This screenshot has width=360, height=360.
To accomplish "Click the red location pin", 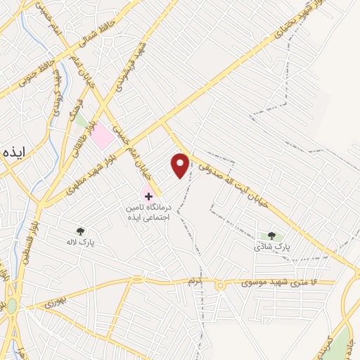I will [181, 166].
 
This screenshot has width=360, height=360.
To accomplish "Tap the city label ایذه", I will [13, 153].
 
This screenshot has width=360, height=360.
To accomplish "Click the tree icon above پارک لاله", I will [81, 230].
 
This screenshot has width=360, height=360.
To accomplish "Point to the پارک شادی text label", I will [272, 247].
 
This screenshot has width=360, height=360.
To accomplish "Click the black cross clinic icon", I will [148, 193].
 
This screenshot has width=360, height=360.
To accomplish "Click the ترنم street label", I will [194, 282].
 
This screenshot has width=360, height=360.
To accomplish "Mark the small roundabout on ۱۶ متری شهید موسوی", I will [219, 285].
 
